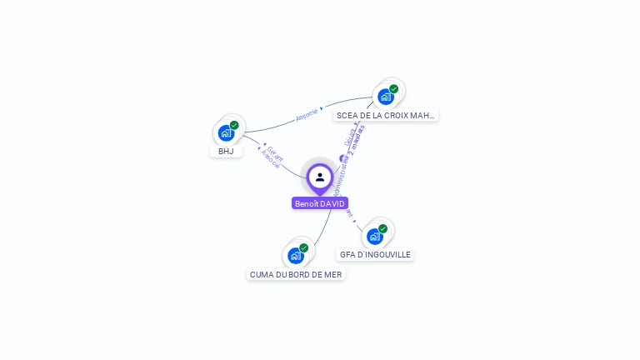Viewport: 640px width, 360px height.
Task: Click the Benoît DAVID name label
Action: coord(320,203)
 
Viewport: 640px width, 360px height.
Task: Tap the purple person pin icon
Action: coord(320,177)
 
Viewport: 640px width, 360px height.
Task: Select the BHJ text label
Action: coord(226,152)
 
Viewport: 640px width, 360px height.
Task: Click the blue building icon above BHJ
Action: coord(225,133)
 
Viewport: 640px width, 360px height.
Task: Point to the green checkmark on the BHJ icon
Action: coord(234,125)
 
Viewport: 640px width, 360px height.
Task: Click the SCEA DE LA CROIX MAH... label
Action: coord(385,115)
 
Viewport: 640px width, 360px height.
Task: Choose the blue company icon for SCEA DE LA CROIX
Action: coord(385,97)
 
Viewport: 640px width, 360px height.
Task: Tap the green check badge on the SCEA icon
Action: coord(393,89)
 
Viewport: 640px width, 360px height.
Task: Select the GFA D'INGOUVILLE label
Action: coord(375,255)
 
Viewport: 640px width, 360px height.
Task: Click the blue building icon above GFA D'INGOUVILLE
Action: coord(374,237)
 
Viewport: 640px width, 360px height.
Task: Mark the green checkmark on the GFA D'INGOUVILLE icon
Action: coord(382,228)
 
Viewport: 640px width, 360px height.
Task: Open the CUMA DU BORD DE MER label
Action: coord(296,274)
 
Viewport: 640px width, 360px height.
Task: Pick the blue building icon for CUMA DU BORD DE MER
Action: coord(295,255)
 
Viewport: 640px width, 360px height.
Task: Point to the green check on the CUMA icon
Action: coord(304,247)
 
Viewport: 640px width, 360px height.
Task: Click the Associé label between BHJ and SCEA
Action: coord(307,116)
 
